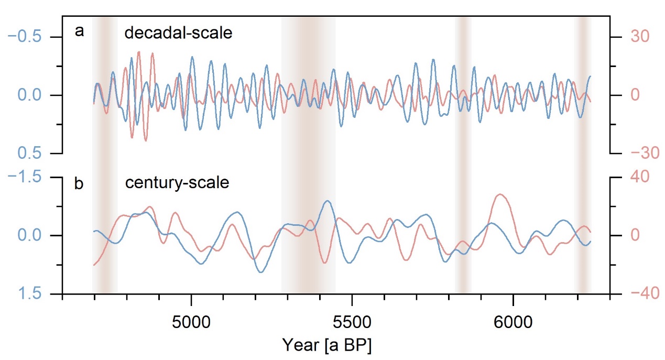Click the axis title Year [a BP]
(x=326, y=345)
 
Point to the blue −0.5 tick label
(x=33, y=37)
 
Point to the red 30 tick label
(x=631, y=37)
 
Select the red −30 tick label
(x=635, y=154)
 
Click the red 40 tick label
(x=631, y=177)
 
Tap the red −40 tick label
(x=635, y=293)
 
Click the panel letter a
(x=79, y=32)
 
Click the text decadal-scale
(x=178, y=34)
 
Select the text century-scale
(x=177, y=184)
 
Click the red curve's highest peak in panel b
(x=501, y=194)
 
